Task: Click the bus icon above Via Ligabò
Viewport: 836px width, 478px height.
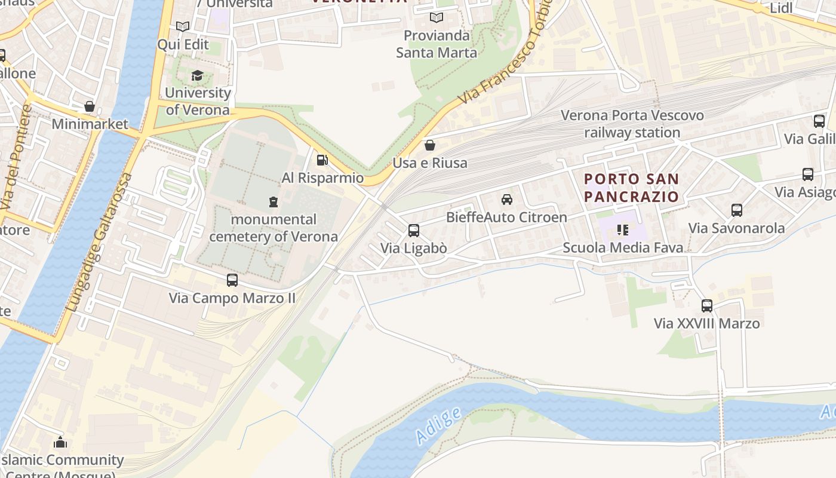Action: tap(413, 230)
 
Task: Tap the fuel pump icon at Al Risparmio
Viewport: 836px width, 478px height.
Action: tap(322, 160)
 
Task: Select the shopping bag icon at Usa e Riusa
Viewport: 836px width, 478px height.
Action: tap(429, 145)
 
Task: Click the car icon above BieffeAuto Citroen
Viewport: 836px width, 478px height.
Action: tap(506, 199)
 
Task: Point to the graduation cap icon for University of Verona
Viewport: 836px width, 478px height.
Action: tap(197, 75)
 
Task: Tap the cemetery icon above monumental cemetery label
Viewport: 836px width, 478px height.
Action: tap(273, 201)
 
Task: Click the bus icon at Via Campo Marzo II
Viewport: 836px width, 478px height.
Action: tap(232, 280)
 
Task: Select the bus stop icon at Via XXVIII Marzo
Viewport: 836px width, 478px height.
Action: tap(707, 305)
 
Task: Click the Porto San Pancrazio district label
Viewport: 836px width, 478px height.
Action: tap(631, 188)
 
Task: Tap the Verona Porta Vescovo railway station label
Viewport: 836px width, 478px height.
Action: tap(632, 124)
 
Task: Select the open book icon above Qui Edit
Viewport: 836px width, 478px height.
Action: tap(183, 27)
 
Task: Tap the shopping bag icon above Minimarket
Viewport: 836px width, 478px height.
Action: tap(90, 106)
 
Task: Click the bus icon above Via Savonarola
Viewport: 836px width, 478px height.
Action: tap(736, 210)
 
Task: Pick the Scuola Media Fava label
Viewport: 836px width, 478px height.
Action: tap(623, 247)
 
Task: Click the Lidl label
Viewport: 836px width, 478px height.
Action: tap(781, 8)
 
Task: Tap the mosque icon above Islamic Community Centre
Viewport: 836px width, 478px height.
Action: tap(60, 443)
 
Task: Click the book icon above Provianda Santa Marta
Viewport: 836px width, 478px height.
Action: tap(437, 18)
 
